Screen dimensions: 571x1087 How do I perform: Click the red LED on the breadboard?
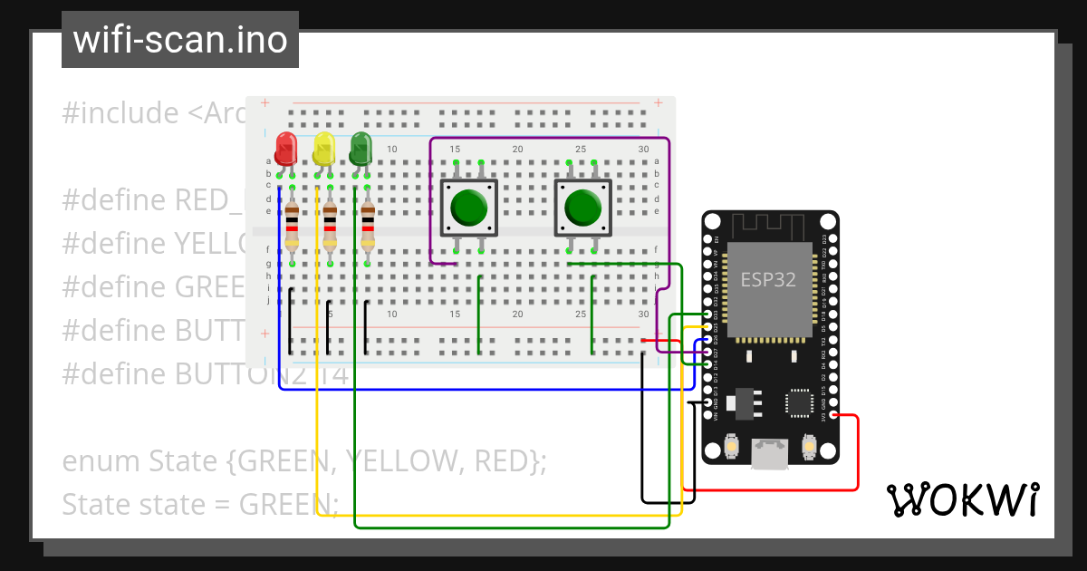click(286, 148)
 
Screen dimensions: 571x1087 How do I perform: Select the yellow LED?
click(324, 148)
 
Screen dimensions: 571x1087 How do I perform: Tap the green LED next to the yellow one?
click(361, 148)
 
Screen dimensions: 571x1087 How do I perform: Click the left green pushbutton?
click(468, 208)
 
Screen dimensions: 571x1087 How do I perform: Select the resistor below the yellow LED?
click(330, 227)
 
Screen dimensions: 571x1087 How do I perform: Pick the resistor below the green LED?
click(368, 227)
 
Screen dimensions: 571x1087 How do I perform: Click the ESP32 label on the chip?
click(768, 279)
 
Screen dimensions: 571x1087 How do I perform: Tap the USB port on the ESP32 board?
click(770, 452)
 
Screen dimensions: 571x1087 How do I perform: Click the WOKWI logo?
click(962, 499)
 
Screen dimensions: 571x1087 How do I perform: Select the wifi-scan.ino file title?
click(180, 40)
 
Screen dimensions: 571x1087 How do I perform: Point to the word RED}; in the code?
click(508, 461)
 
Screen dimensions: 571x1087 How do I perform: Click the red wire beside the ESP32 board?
click(857, 453)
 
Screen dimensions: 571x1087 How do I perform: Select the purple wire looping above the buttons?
click(548, 139)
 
